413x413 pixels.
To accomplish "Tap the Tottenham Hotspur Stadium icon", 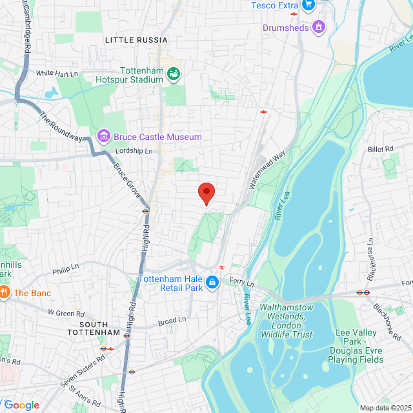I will [x=173, y=74].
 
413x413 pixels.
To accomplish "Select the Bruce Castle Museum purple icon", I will [x=103, y=137].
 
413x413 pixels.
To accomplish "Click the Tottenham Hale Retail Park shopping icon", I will [x=212, y=282].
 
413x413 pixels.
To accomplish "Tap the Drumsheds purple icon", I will [x=317, y=27].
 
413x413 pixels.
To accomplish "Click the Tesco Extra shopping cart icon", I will [x=308, y=6].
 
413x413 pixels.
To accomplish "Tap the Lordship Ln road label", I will [x=134, y=151].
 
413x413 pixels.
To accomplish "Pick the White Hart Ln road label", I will [x=57, y=74].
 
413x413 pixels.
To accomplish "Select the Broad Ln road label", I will [x=172, y=320].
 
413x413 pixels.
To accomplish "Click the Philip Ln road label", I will [x=65, y=265].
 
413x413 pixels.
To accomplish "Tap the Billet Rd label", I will [x=380, y=149].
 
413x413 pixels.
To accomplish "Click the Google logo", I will [x=22, y=405].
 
